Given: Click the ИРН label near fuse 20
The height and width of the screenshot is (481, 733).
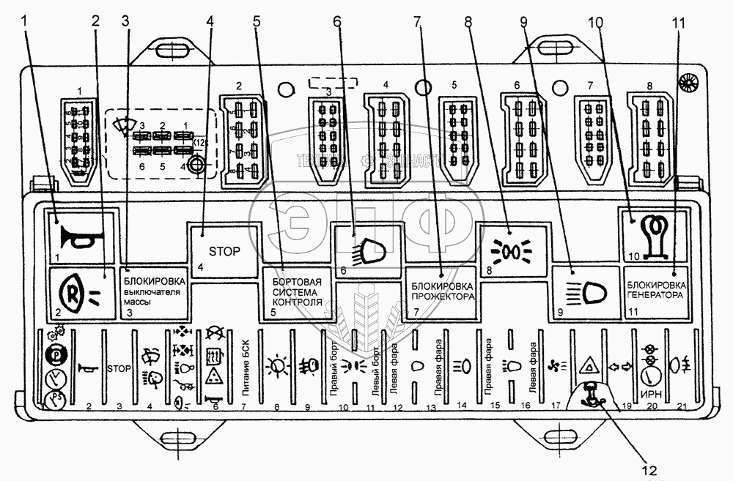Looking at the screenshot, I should tap(648, 392).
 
